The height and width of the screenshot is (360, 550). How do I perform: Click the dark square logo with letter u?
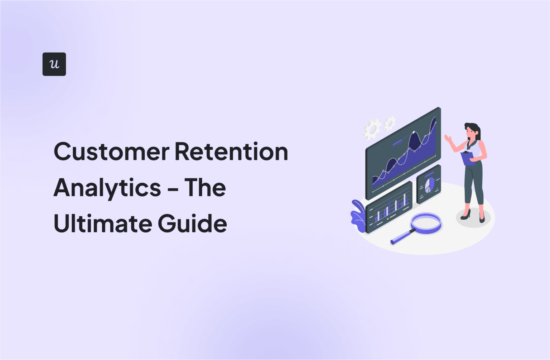tap(54, 64)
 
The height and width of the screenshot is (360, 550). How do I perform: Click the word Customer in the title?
tap(111, 152)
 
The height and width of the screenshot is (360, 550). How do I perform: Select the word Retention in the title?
tap(231, 152)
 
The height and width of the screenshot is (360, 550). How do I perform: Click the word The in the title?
tap(205, 187)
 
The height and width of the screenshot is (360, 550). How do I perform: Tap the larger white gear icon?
tap(372, 129)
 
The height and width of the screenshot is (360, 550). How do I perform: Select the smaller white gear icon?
tap(390, 123)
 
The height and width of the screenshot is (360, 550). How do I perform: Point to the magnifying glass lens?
tap(426, 223)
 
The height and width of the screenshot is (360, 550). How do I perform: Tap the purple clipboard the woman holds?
tap(468, 158)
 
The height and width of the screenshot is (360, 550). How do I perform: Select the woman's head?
tap(472, 131)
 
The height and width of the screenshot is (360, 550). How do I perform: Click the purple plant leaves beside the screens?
tap(358, 216)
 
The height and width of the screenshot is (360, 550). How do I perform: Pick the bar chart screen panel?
tap(389, 207)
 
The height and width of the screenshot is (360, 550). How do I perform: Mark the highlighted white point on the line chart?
tap(414, 133)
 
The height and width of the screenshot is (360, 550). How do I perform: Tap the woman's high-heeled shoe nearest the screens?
tap(465, 215)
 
